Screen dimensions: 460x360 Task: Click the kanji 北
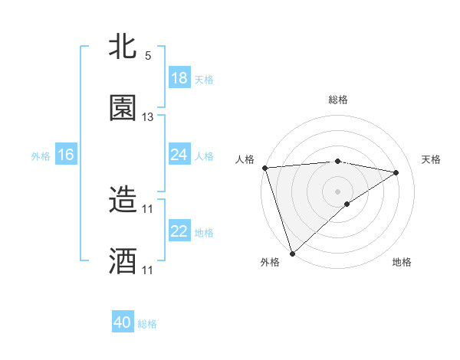tap(123, 47)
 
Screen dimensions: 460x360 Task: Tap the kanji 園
tap(123, 108)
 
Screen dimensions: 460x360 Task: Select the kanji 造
tap(123, 200)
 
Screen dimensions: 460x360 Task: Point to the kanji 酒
tap(123, 261)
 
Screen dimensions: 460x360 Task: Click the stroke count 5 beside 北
tap(148, 56)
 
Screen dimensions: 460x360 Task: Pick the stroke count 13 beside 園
tap(148, 117)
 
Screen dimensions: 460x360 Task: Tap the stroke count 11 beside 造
tap(148, 208)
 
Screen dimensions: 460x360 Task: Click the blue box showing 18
tap(179, 78)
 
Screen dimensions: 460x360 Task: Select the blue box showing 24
tap(179, 155)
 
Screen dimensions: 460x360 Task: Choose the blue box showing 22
tap(179, 231)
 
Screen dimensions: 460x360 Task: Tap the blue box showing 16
tap(65, 155)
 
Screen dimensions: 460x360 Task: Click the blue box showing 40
tap(123, 322)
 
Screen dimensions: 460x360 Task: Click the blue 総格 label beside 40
tap(147, 324)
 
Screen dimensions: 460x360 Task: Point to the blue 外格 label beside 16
tap(41, 155)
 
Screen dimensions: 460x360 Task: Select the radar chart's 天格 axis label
tap(432, 159)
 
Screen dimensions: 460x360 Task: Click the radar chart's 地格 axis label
tap(402, 262)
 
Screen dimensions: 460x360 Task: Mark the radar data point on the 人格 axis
tap(264, 168)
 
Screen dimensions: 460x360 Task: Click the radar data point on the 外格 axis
tap(292, 253)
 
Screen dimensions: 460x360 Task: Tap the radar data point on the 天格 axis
tap(396, 172)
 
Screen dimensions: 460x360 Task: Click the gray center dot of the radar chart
tap(337, 191)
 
